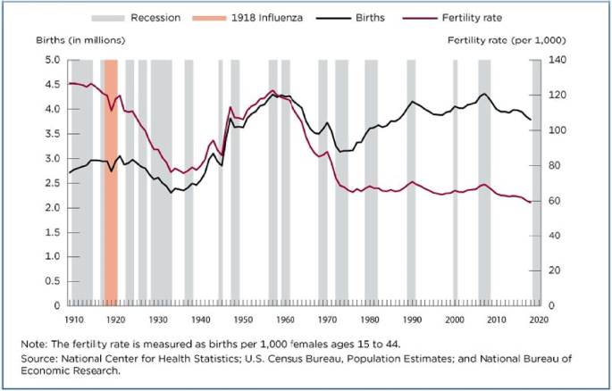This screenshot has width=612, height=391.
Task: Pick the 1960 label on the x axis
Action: [285, 319]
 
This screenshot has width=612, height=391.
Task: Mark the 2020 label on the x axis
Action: [539, 319]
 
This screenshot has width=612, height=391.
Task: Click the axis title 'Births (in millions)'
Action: [80, 40]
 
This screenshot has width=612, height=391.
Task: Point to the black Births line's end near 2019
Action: [531, 120]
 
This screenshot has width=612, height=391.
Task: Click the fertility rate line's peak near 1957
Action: [272, 90]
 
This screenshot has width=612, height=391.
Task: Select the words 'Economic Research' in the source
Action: [80, 372]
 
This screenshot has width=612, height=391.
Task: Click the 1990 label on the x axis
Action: [412, 319]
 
